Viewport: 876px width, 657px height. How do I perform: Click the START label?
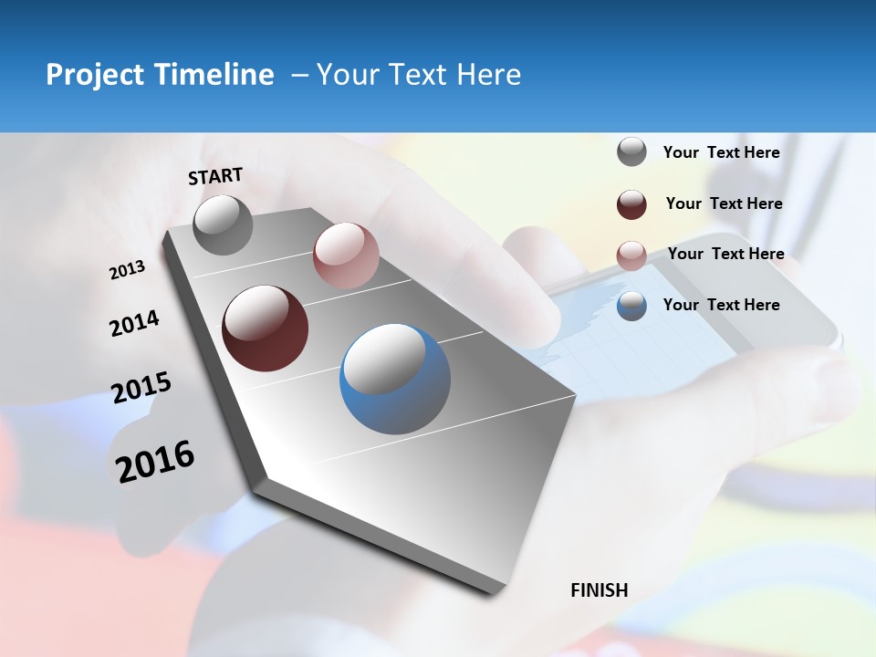[x=215, y=176]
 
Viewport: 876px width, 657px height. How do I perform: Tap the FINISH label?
[x=599, y=590]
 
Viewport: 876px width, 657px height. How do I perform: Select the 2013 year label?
[x=127, y=270]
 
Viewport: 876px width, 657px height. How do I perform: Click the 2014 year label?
[x=134, y=323]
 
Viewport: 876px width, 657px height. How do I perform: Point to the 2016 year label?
[x=155, y=462]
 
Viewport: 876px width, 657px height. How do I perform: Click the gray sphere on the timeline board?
[x=224, y=224]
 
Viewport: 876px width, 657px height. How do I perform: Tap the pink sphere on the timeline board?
[x=345, y=255]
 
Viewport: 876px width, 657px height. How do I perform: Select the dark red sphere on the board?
[x=265, y=328]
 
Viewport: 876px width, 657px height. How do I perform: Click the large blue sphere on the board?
[x=395, y=379]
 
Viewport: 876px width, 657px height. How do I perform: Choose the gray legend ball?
[x=631, y=152]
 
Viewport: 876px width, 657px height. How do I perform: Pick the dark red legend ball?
[x=631, y=204]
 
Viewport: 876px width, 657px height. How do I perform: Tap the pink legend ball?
[x=631, y=255]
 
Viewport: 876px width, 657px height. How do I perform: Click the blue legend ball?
[x=631, y=306]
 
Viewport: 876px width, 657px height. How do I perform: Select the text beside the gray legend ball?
[x=721, y=152]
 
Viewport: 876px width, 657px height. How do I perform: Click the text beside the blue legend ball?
[x=721, y=305]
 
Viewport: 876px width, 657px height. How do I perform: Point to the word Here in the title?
[x=488, y=75]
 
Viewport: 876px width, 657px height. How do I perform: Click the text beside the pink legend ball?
[x=725, y=254]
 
